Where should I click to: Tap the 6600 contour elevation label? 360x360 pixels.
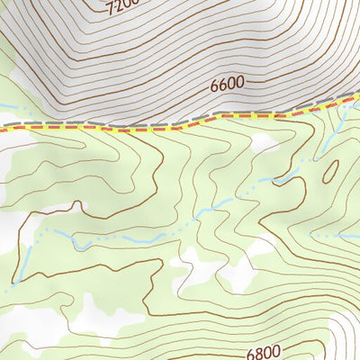pos(228,85)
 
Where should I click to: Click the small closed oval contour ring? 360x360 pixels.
pos(330,170)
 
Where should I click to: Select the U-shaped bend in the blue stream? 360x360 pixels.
pos(76,241)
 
